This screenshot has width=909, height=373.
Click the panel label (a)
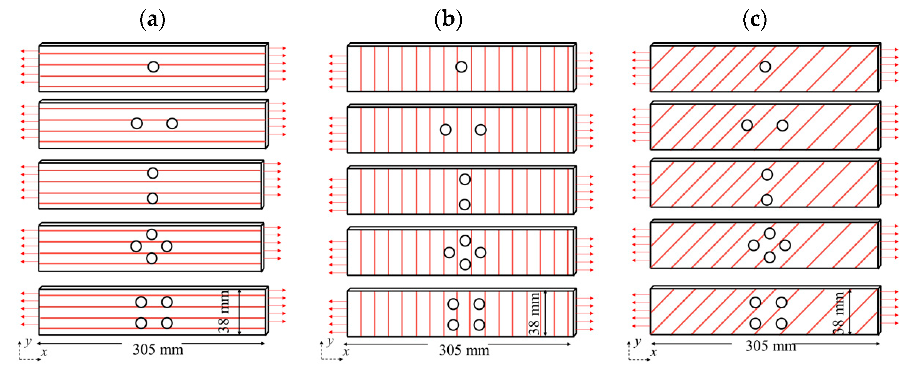153,19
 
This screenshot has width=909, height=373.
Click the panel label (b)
448,19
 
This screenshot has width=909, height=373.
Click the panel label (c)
755,19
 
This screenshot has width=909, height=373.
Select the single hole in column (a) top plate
153,67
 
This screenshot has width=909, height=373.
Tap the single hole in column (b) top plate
461,67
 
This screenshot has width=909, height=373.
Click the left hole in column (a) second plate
137,123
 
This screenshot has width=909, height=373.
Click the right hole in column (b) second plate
481,130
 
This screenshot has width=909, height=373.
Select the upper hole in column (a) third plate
153,173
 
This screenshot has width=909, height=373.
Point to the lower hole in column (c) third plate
767,200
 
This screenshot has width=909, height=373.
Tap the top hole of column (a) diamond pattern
152,234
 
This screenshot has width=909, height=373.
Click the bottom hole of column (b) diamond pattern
465,264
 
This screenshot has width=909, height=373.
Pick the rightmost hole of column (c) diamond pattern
785,245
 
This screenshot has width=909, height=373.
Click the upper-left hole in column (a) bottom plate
141,302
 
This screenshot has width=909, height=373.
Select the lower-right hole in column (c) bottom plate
781,323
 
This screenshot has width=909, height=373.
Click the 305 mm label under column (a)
158,350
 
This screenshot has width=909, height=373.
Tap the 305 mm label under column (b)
464,350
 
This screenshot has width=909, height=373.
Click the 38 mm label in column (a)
224,311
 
